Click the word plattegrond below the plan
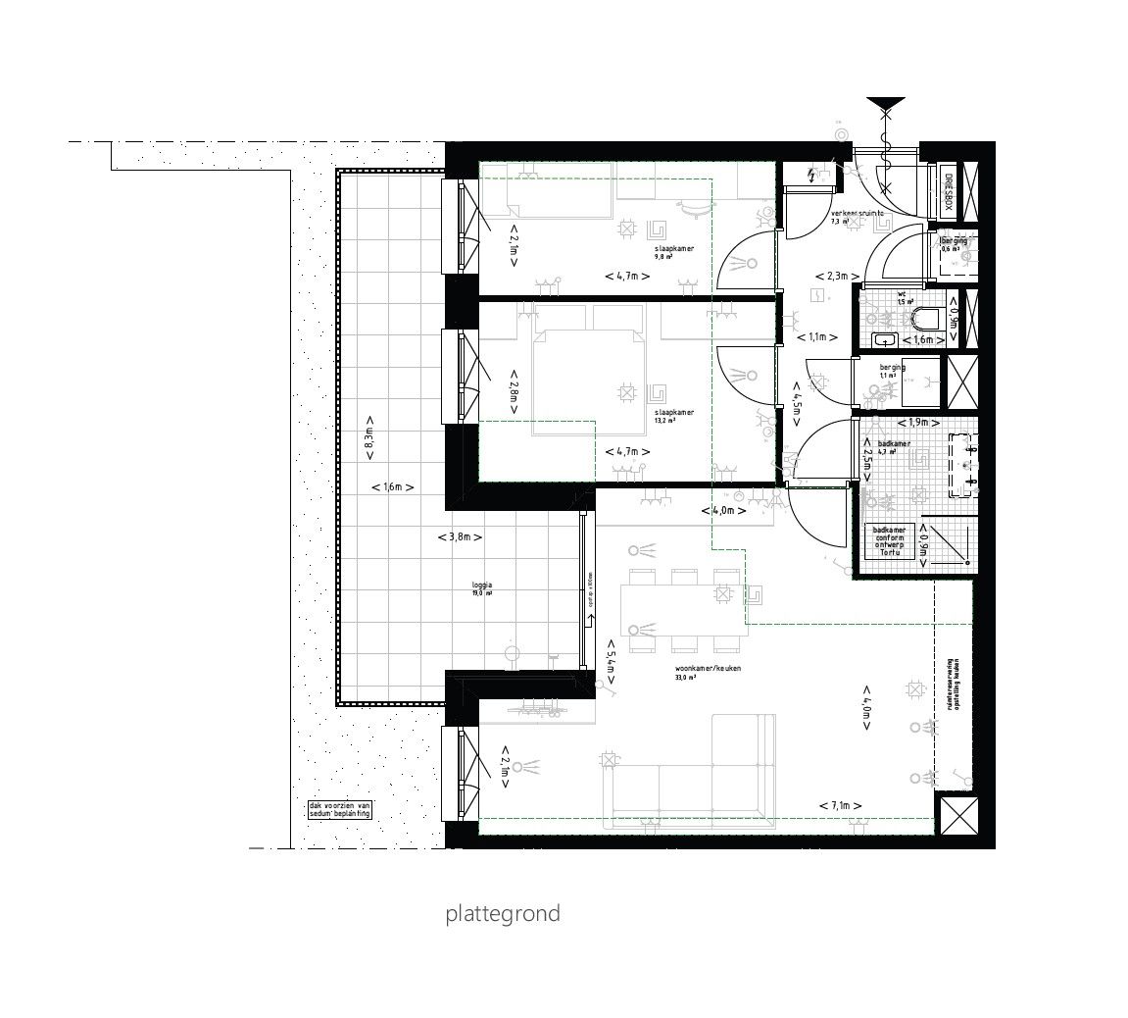(x=503, y=914)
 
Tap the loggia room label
(x=480, y=589)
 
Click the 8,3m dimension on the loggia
(x=369, y=444)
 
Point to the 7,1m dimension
(x=841, y=805)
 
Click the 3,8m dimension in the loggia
(x=459, y=536)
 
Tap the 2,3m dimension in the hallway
(x=838, y=276)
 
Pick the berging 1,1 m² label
(x=891, y=371)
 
